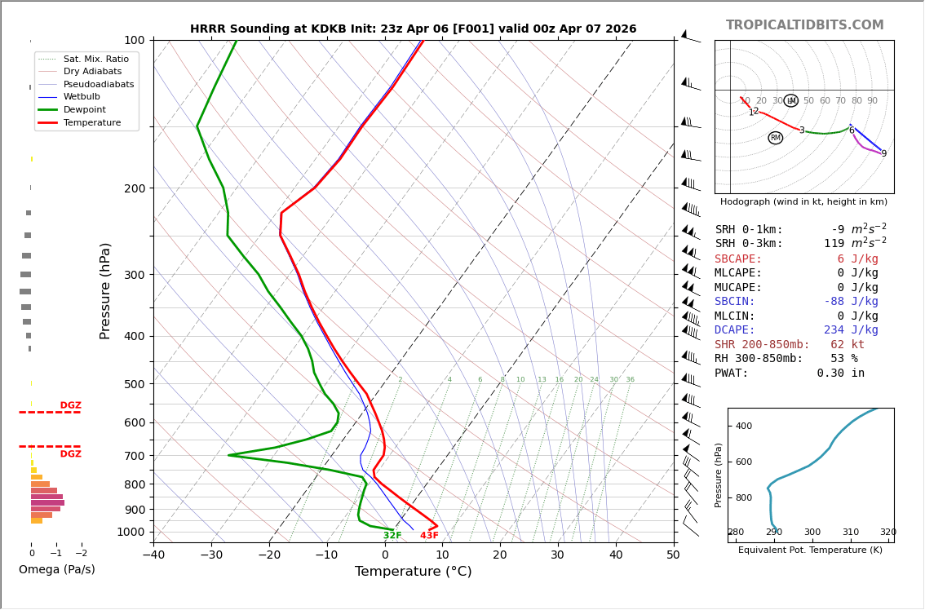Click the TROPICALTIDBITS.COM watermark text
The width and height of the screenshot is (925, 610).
point(804,25)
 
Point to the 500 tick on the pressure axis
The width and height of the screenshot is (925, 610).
point(134,384)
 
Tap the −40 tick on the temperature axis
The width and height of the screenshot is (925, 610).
point(153,555)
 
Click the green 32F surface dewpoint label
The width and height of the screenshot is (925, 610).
point(392,536)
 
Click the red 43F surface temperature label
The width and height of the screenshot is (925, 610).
point(429,536)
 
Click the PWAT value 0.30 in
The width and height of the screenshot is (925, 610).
point(840,373)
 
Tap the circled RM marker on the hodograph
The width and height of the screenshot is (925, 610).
point(775,138)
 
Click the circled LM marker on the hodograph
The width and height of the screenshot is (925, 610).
point(790,100)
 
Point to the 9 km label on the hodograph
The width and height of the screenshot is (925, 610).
point(883,153)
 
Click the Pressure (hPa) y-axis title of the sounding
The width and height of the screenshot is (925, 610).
point(105,290)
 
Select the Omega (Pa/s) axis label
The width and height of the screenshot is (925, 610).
point(56,569)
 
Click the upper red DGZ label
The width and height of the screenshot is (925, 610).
point(70,405)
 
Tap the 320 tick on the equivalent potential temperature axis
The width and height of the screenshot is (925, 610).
point(887,533)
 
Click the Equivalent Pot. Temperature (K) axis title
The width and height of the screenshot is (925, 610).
point(810,550)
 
